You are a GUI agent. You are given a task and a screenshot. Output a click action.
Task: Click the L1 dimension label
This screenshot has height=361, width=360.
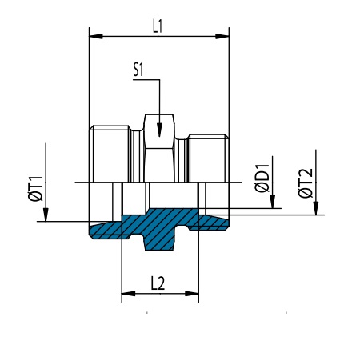[x=158, y=27]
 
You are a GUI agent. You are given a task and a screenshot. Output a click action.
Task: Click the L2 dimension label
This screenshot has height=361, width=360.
[x=158, y=283]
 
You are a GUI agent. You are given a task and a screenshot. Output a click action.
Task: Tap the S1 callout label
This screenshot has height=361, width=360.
[x=138, y=70]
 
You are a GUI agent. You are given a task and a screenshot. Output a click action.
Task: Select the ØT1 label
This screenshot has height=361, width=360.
[x=35, y=188]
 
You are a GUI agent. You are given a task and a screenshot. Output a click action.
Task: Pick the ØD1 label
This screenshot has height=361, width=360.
[x=262, y=178]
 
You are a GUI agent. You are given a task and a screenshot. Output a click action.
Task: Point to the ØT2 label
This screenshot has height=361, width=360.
[x=306, y=183]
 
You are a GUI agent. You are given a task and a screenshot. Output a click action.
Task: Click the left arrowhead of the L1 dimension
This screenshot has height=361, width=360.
[x=96, y=36]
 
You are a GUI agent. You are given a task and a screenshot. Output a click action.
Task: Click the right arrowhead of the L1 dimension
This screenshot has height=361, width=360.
[x=222, y=36]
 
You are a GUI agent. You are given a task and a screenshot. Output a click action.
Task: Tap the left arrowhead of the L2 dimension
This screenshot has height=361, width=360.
[x=128, y=294]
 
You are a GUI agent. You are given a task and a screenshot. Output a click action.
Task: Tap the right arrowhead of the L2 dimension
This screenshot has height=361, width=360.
[x=192, y=294]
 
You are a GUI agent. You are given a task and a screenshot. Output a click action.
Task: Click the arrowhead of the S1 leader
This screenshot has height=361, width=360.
[x=159, y=130]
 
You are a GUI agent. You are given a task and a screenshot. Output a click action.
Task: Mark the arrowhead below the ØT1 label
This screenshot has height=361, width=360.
[x=46, y=215]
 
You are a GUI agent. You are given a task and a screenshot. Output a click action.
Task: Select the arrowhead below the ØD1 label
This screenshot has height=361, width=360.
[x=272, y=202]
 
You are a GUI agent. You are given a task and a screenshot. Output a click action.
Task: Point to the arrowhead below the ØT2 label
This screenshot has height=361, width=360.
[x=316, y=208]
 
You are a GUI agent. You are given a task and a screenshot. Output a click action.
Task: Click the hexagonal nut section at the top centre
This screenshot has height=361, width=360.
[x=159, y=148]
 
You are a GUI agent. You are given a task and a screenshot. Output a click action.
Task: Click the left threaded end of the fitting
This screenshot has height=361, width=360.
[x=109, y=154]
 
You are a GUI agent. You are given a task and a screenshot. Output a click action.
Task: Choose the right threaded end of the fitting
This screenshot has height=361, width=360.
[x=209, y=158]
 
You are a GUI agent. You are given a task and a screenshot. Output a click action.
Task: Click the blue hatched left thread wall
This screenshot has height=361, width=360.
[x=106, y=230]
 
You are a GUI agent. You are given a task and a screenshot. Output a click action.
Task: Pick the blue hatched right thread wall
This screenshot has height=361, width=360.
[x=213, y=223]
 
